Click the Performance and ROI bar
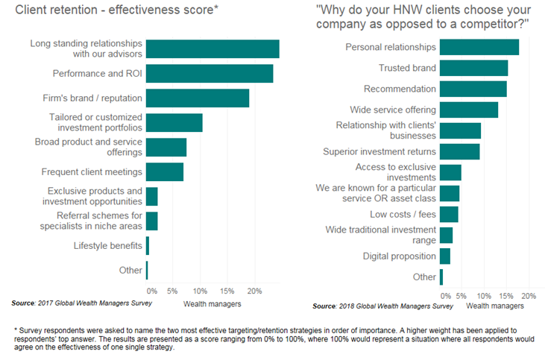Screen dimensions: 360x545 click(210, 73)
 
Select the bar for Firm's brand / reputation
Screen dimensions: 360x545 click(198, 98)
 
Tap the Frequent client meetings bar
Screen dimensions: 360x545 click(165, 171)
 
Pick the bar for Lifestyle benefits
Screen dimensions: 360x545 click(148, 245)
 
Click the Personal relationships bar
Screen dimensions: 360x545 click(479, 47)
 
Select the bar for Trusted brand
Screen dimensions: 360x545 click(474, 68)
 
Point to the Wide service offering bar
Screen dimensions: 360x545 click(469, 110)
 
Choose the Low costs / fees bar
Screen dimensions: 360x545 click(449, 215)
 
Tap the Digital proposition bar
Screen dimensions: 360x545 click(445, 256)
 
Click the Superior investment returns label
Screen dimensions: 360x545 click(379, 151)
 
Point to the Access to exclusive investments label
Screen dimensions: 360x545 click(395, 172)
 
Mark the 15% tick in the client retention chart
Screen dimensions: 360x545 click(227, 291)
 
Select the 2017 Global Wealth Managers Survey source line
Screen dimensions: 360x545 click(82, 303)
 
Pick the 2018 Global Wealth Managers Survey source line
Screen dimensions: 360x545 click(382, 306)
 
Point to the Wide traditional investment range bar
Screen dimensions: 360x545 click(447, 236)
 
